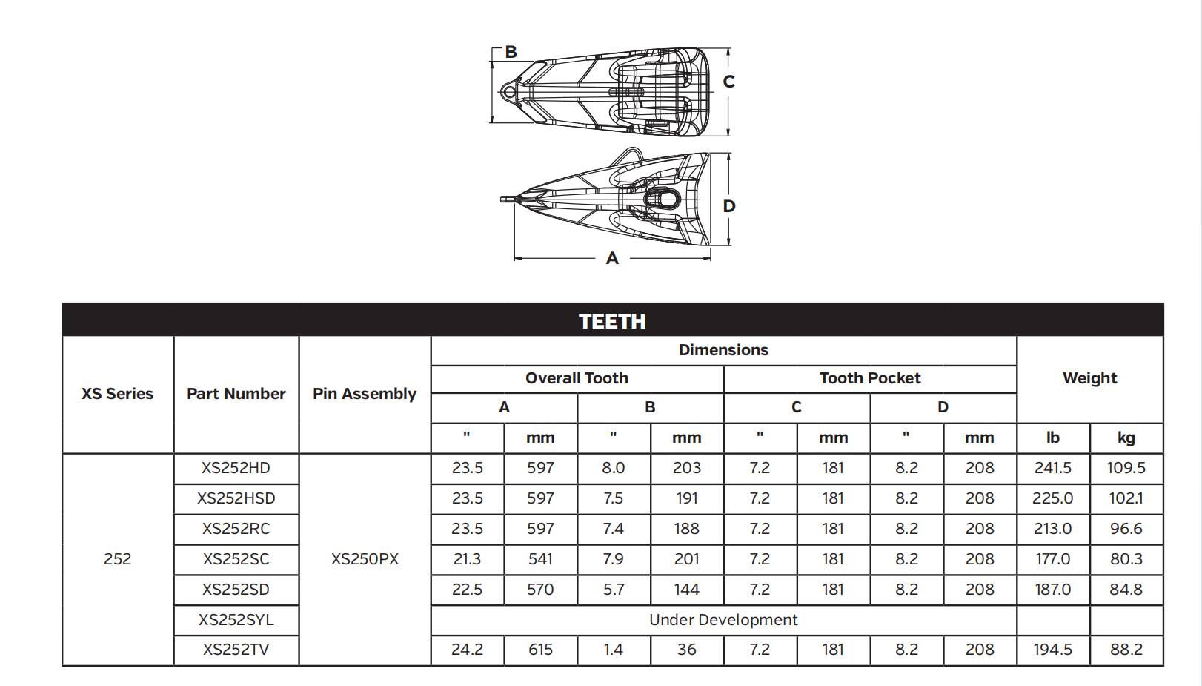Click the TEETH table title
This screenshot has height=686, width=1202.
pos(612,321)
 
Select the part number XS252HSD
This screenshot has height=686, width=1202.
pos(236,498)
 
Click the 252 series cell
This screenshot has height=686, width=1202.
pos(118,559)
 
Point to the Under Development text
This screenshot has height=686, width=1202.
pos(723,620)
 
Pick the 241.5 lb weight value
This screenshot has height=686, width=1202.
pos(1053,468)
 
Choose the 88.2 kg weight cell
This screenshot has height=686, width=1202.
pos(1126,650)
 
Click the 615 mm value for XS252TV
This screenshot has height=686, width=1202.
pos(540,650)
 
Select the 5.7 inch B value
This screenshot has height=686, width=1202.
pos(614,590)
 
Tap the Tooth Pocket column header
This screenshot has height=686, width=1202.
pos(870,378)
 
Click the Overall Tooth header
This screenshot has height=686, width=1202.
pos(577,378)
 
